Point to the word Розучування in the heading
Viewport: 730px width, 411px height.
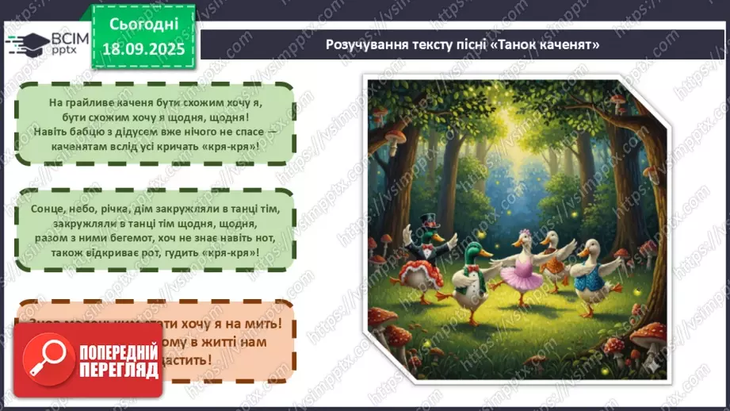click(361, 44)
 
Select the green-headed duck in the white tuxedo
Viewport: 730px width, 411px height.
click(466, 286)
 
